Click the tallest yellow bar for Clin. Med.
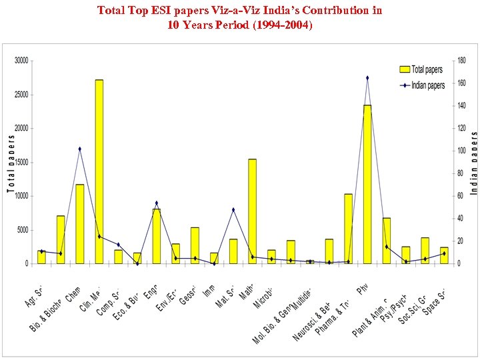coord(99,172)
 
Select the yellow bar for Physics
coord(367,185)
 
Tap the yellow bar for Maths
coord(252,211)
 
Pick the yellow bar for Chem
coord(79,224)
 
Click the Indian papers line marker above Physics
coord(367,78)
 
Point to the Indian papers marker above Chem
coord(79,149)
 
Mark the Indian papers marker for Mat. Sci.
coord(233,209)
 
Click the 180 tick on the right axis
coord(461,61)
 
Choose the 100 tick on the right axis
coord(461,151)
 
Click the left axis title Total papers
coord(11,163)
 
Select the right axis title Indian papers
coord(474,163)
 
